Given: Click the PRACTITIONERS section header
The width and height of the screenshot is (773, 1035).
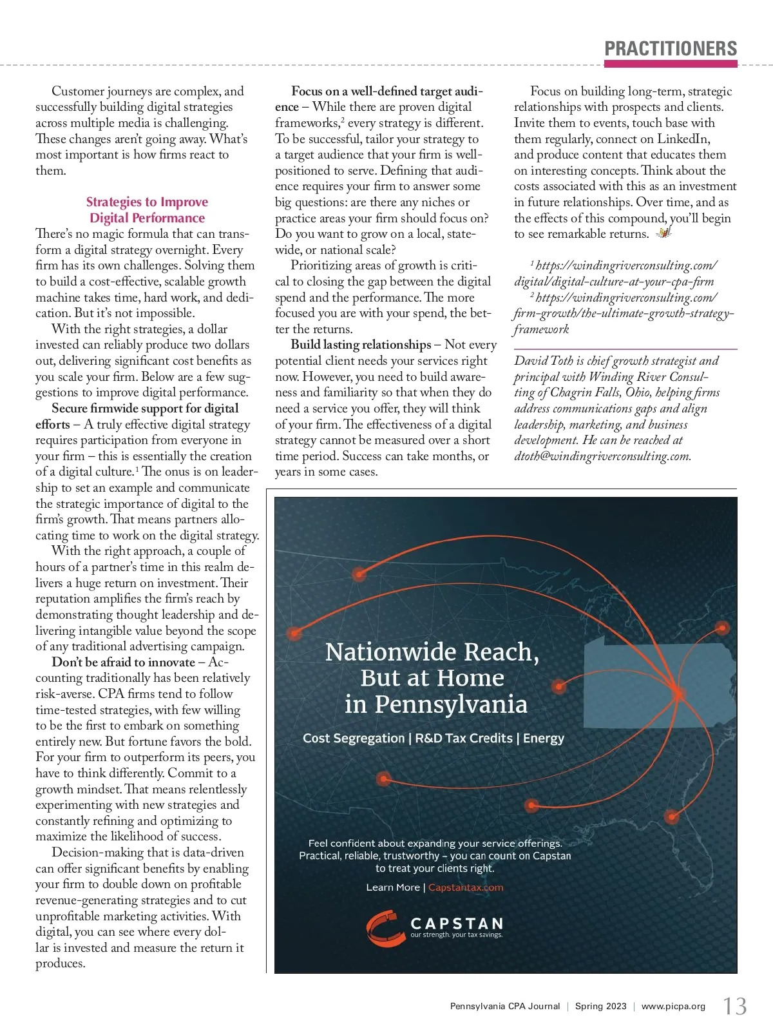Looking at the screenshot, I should [x=671, y=49].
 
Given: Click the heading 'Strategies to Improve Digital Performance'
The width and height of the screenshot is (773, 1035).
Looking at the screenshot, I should [x=147, y=210].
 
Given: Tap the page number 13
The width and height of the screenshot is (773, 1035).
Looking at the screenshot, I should [x=734, y=1006].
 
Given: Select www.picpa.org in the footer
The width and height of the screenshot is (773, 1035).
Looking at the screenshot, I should [x=673, y=1006].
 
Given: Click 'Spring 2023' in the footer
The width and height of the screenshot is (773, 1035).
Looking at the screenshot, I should [x=600, y=1006].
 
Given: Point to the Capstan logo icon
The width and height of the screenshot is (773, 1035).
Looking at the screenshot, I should [x=386, y=927].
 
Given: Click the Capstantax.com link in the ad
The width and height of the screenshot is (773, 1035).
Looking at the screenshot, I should [x=466, y=887].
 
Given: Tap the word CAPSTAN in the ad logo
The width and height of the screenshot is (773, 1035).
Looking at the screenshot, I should [x=457, y=924].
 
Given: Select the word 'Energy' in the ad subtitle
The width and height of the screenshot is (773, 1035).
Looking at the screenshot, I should [x=544, y=739].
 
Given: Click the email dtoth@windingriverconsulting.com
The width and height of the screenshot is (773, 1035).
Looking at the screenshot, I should [x=602, y=456].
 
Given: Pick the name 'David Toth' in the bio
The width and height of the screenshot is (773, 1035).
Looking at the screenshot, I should [x=544, y=361].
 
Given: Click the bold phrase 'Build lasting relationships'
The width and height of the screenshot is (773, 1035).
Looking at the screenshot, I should [x=361, y=345].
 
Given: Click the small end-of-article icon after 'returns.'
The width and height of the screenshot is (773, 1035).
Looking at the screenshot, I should [x=663, y=233].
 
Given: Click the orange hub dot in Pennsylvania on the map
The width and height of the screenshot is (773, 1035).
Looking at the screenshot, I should [x=678, y=694].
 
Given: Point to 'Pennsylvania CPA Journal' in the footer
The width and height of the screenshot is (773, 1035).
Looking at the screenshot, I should [x=505, y=1006].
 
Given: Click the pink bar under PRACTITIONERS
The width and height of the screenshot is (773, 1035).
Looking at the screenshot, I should [x=671, y=64].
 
